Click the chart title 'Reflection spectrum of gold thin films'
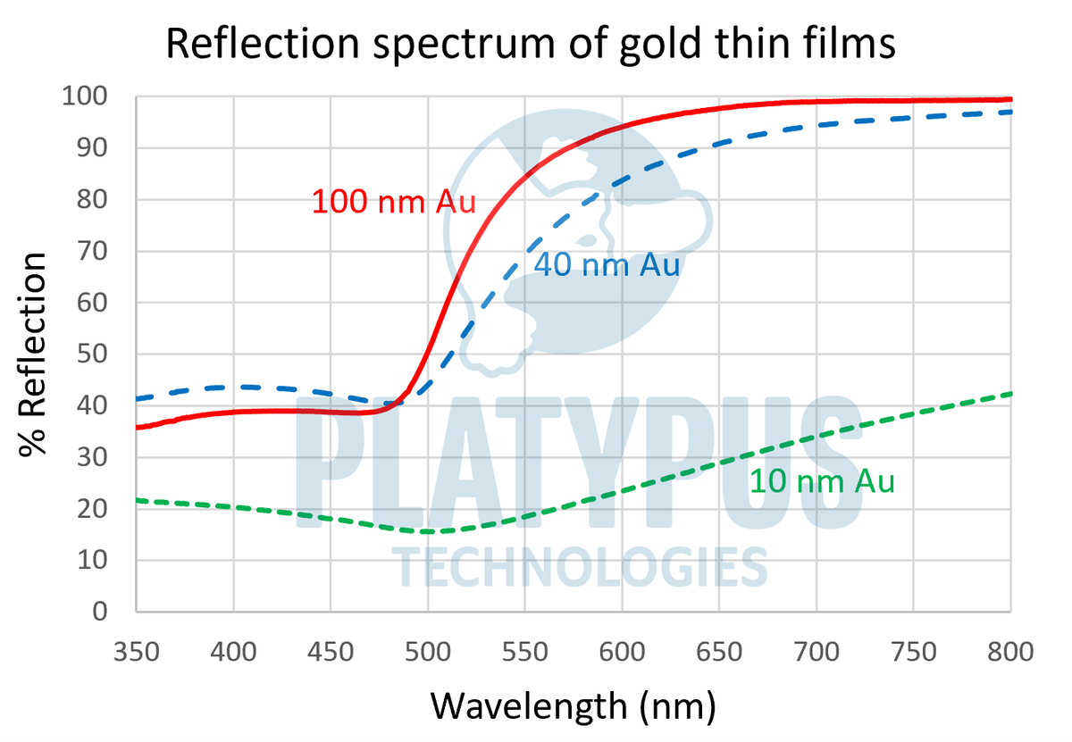coord(531,44)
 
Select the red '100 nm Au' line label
coord(393,201)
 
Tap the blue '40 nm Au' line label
coord(607,265)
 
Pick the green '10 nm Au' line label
coord(821,481)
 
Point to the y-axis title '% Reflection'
coord(33,354)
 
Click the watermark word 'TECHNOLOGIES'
coord(580,567)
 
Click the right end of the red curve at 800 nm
coord(1010,99)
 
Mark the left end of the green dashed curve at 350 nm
coord(137,500)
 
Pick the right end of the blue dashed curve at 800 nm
coord(1010,112)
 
